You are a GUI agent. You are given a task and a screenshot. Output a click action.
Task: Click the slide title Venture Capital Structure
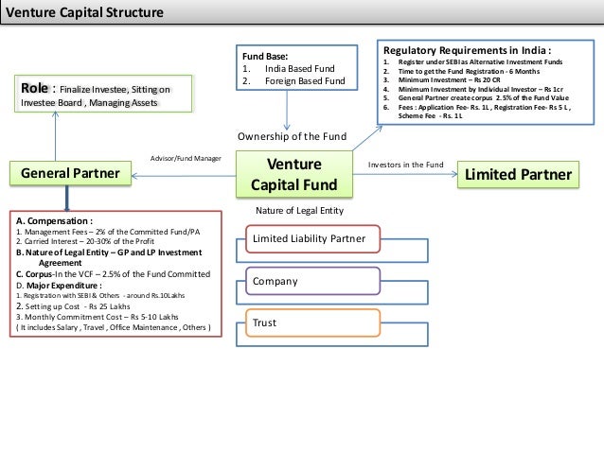85,13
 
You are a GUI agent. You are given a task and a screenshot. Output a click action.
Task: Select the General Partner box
70,173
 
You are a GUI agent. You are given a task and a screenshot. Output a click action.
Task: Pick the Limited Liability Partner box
312,239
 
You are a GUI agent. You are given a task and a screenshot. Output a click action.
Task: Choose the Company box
312,282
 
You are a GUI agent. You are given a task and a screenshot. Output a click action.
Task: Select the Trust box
312,323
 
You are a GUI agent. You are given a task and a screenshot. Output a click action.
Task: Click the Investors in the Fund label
405,165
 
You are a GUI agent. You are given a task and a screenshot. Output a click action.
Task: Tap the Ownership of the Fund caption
292,137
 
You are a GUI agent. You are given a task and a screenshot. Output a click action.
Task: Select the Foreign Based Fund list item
293,80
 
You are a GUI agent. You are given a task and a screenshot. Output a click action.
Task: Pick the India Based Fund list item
289,68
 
